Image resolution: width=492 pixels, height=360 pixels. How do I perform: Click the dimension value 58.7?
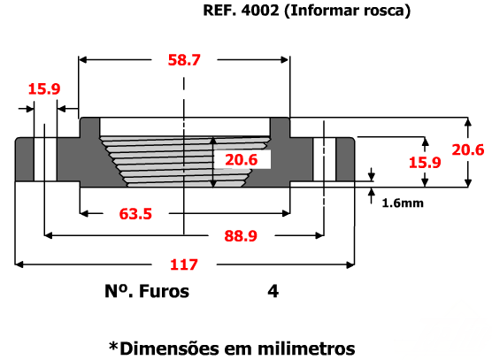click(184, 60)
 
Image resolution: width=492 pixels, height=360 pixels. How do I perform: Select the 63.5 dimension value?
click(135, 214)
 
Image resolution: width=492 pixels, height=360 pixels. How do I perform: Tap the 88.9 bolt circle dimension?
click(241, 236)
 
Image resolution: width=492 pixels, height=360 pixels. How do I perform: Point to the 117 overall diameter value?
click(184, 264)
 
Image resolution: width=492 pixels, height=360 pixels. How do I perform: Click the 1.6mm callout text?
click(403, 203)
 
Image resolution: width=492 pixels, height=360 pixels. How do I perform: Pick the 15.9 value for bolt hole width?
click(44, 88)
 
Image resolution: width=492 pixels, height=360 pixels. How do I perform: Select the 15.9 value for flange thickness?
click(425, 163)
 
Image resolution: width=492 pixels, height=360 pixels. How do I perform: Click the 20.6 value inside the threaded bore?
click(242, 160)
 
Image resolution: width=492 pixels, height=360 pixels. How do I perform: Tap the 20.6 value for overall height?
click(468, 149)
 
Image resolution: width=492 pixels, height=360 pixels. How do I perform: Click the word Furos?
click(164, 291)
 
